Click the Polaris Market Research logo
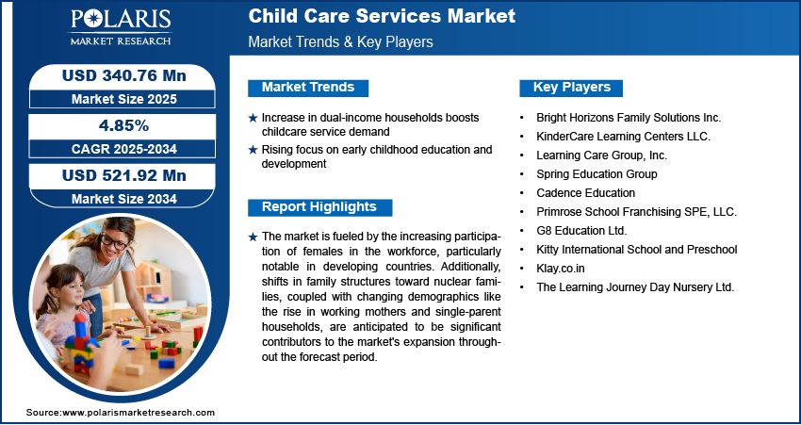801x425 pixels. click(x=121, y=26)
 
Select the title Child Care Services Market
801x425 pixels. click(x=382, y=16)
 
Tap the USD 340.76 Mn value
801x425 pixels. click(x=124, y=75)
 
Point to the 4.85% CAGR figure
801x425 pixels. click(x=123, y=125)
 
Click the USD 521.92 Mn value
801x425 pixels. click(x=124, y=175)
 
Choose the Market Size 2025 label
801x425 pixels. click(x=124, y=99)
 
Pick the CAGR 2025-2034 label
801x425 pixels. click(x=124, y=149)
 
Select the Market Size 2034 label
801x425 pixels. click(x=124, y=199)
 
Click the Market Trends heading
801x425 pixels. click(x=308, y=88)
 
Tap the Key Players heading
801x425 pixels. click(x=572, y=88)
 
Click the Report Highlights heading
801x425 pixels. click(x=319, y=207)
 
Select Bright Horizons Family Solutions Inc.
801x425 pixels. click(x=629, y=118)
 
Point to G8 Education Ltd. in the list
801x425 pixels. click(x=581, y=231)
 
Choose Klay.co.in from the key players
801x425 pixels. click(x=561, y=269)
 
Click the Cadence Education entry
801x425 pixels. click(x=585, y=193)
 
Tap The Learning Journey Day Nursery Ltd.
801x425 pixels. click(x=635, y=287)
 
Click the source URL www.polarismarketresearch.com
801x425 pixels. click(x=139, y=412)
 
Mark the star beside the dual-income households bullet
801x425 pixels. click(x=253, y=118)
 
